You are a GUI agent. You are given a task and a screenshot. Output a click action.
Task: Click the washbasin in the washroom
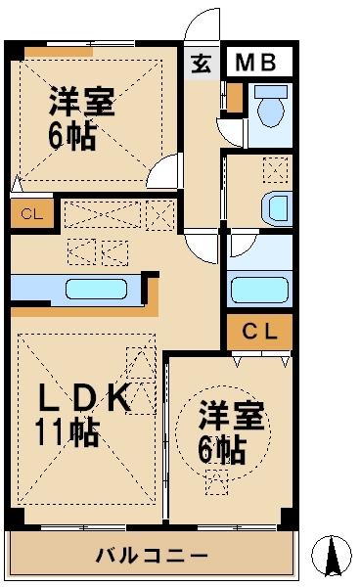click(x=277, y=209)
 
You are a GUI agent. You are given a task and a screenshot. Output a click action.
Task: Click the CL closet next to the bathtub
click(x=259, y=333)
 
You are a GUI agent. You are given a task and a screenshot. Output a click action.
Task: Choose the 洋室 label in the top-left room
click(x=81, y=101)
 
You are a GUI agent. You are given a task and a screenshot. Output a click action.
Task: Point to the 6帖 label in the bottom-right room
click(x=223, y=450)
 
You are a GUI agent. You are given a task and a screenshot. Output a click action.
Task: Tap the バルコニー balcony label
click(x=151, y=556)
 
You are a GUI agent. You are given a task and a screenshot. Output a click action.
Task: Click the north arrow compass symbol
click(x=332, y=555)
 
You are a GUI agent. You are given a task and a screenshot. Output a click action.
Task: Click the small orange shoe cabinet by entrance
click(x=234, y=96)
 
